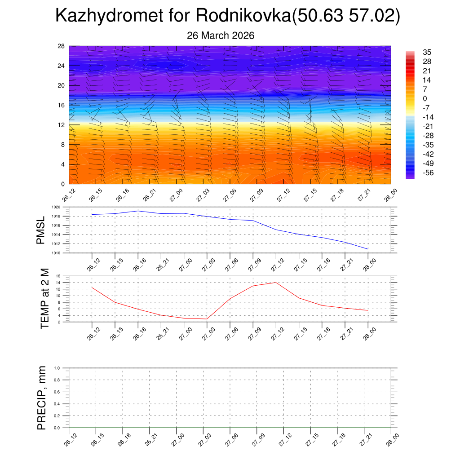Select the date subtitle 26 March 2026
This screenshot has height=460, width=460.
221,35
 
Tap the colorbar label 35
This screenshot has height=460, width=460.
427,52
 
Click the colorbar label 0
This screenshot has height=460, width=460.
425,98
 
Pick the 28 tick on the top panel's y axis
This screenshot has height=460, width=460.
61,46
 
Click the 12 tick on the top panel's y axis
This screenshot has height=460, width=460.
61,125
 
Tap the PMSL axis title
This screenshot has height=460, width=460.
41,230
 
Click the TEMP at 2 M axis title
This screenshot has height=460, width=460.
44,299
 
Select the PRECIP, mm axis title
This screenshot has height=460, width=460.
42,398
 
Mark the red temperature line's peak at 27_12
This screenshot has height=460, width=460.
276,283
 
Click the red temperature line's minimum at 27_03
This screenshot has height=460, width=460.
207,319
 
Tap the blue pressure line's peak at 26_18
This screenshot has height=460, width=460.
138,211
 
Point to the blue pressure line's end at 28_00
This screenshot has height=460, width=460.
368,249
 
